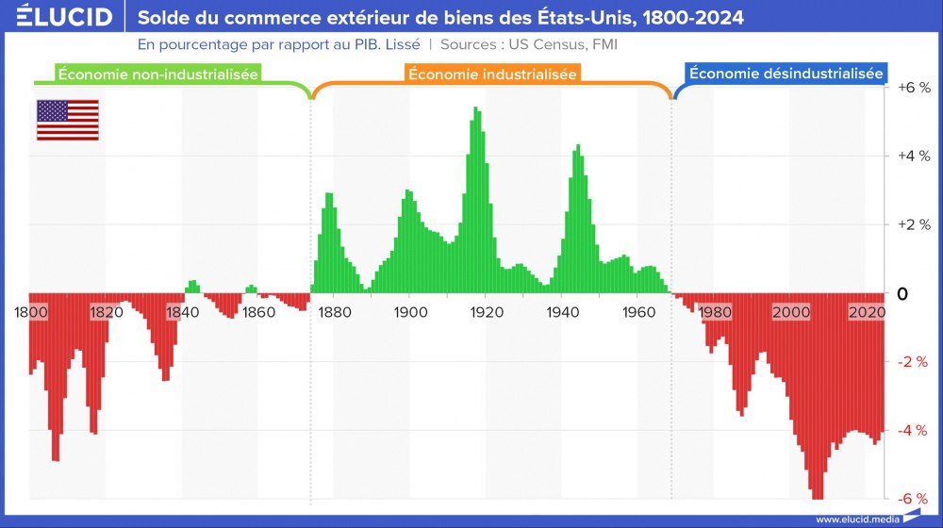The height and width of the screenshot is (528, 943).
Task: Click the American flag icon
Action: coord(67,120)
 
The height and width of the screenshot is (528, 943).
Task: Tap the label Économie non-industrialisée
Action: coord(158,74)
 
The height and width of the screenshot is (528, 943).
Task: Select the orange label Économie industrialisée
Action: coord(492,74)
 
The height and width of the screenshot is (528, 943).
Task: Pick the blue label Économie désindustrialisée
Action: coord(786,74)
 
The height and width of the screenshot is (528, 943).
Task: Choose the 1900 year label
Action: coord(408,312)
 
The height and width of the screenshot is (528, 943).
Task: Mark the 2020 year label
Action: coord(866,312)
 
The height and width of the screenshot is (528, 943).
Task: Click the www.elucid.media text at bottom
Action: coord(856,519)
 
